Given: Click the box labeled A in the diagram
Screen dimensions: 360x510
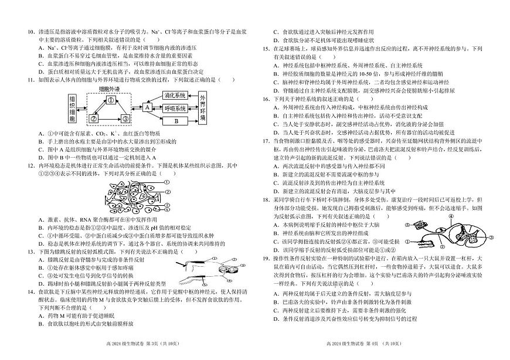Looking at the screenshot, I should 147,107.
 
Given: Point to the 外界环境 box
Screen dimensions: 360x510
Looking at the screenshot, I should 202,108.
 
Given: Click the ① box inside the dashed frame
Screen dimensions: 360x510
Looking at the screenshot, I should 109,100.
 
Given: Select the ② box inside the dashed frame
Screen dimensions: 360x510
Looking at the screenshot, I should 93,119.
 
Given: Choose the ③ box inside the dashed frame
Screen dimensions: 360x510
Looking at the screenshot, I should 125,119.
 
